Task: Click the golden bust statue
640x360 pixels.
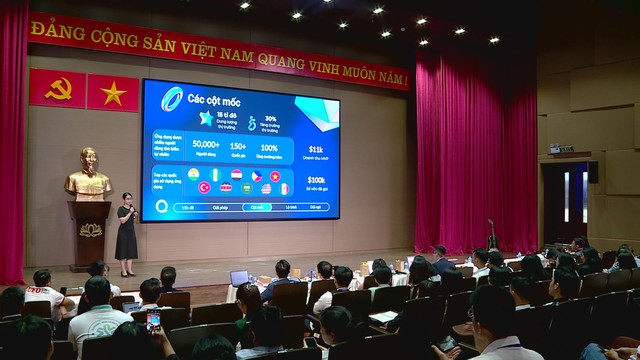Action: [88, 176]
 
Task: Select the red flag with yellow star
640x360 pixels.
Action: [113, 93]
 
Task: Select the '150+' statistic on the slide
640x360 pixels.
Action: [246, 145]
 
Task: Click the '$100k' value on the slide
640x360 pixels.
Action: [316, 181]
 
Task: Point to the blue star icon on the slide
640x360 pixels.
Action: [206, 118]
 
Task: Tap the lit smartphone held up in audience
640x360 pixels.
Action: [153, 320]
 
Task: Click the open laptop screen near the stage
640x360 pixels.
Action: [240, 278]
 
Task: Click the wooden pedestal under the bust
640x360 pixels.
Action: [89, 234]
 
